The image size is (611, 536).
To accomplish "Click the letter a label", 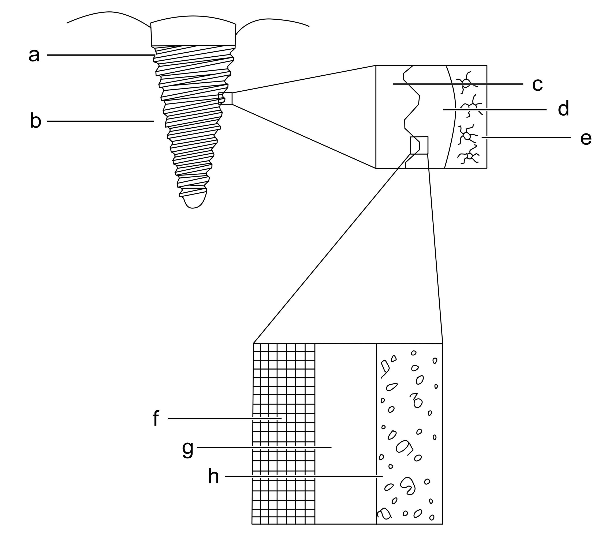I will pos(34,56).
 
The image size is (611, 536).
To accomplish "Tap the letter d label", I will pos(563,109).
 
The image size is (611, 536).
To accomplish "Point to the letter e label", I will pos(586,139).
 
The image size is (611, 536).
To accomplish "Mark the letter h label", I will pos(213,476).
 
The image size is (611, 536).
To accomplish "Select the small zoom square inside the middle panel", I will pos(419,146).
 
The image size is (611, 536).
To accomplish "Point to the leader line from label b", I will pos(100,121).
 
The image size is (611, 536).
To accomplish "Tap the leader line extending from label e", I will pos(526,137).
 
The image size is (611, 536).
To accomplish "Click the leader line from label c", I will pos(457,84).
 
